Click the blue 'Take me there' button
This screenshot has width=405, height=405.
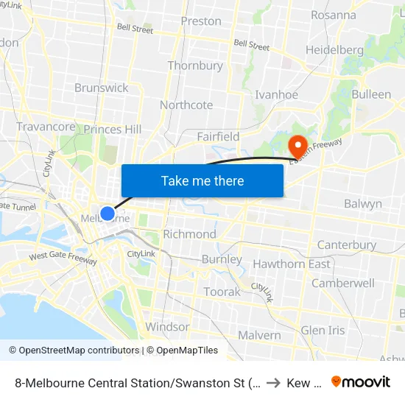202,180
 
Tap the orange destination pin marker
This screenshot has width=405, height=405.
297,144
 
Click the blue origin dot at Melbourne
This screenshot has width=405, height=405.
108,214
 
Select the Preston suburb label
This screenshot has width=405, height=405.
200,21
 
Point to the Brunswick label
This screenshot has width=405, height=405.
101,88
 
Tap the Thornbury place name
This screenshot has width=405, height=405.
195,66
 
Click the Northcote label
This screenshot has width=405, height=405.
186,105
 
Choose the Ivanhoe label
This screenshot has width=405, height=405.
276,95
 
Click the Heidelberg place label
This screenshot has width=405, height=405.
335,50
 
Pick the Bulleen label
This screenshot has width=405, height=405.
371,94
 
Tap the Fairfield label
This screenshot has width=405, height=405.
218,136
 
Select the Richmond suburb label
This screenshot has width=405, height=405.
189,234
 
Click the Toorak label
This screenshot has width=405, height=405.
222,292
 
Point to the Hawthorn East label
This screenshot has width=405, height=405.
291,264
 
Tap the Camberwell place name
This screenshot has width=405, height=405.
342,283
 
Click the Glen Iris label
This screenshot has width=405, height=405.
323,330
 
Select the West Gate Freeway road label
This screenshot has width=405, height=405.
63,258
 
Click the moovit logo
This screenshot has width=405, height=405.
361,381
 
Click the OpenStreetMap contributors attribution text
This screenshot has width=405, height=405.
79,351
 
